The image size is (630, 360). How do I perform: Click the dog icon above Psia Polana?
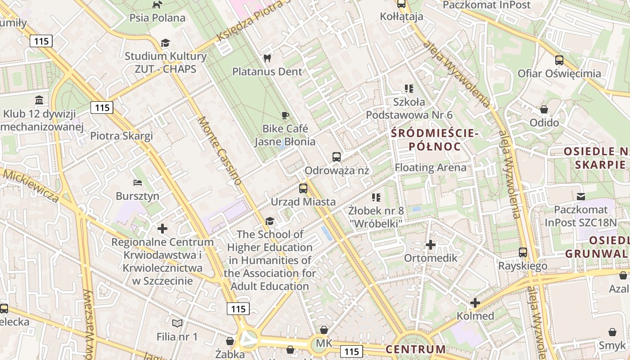[157, 4]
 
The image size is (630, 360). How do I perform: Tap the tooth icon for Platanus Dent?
[267, 58]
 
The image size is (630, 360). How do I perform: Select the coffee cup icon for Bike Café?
[284, 115]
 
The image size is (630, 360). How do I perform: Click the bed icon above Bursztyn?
[138, 183]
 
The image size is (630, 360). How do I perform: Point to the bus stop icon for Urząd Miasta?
[303, 188]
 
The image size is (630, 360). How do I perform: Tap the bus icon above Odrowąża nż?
[337, 157]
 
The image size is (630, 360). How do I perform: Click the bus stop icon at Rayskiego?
[522, 252]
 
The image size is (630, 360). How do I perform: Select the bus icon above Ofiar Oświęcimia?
[559, 60]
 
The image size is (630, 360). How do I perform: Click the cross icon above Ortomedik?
[431, 245]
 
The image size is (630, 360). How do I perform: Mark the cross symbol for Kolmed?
[475, 303]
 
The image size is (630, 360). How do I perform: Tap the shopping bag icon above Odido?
[544, 109]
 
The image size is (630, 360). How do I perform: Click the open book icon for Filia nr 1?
[177, 323]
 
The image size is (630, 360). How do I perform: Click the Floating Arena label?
[430, 168]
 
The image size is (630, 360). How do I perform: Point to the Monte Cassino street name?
[220, 150]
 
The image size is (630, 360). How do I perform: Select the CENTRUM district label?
[415, 349]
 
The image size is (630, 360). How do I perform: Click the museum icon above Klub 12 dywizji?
[39, 100]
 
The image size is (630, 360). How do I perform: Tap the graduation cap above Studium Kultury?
[165, 43]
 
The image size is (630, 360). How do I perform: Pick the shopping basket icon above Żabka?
[230, 341]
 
